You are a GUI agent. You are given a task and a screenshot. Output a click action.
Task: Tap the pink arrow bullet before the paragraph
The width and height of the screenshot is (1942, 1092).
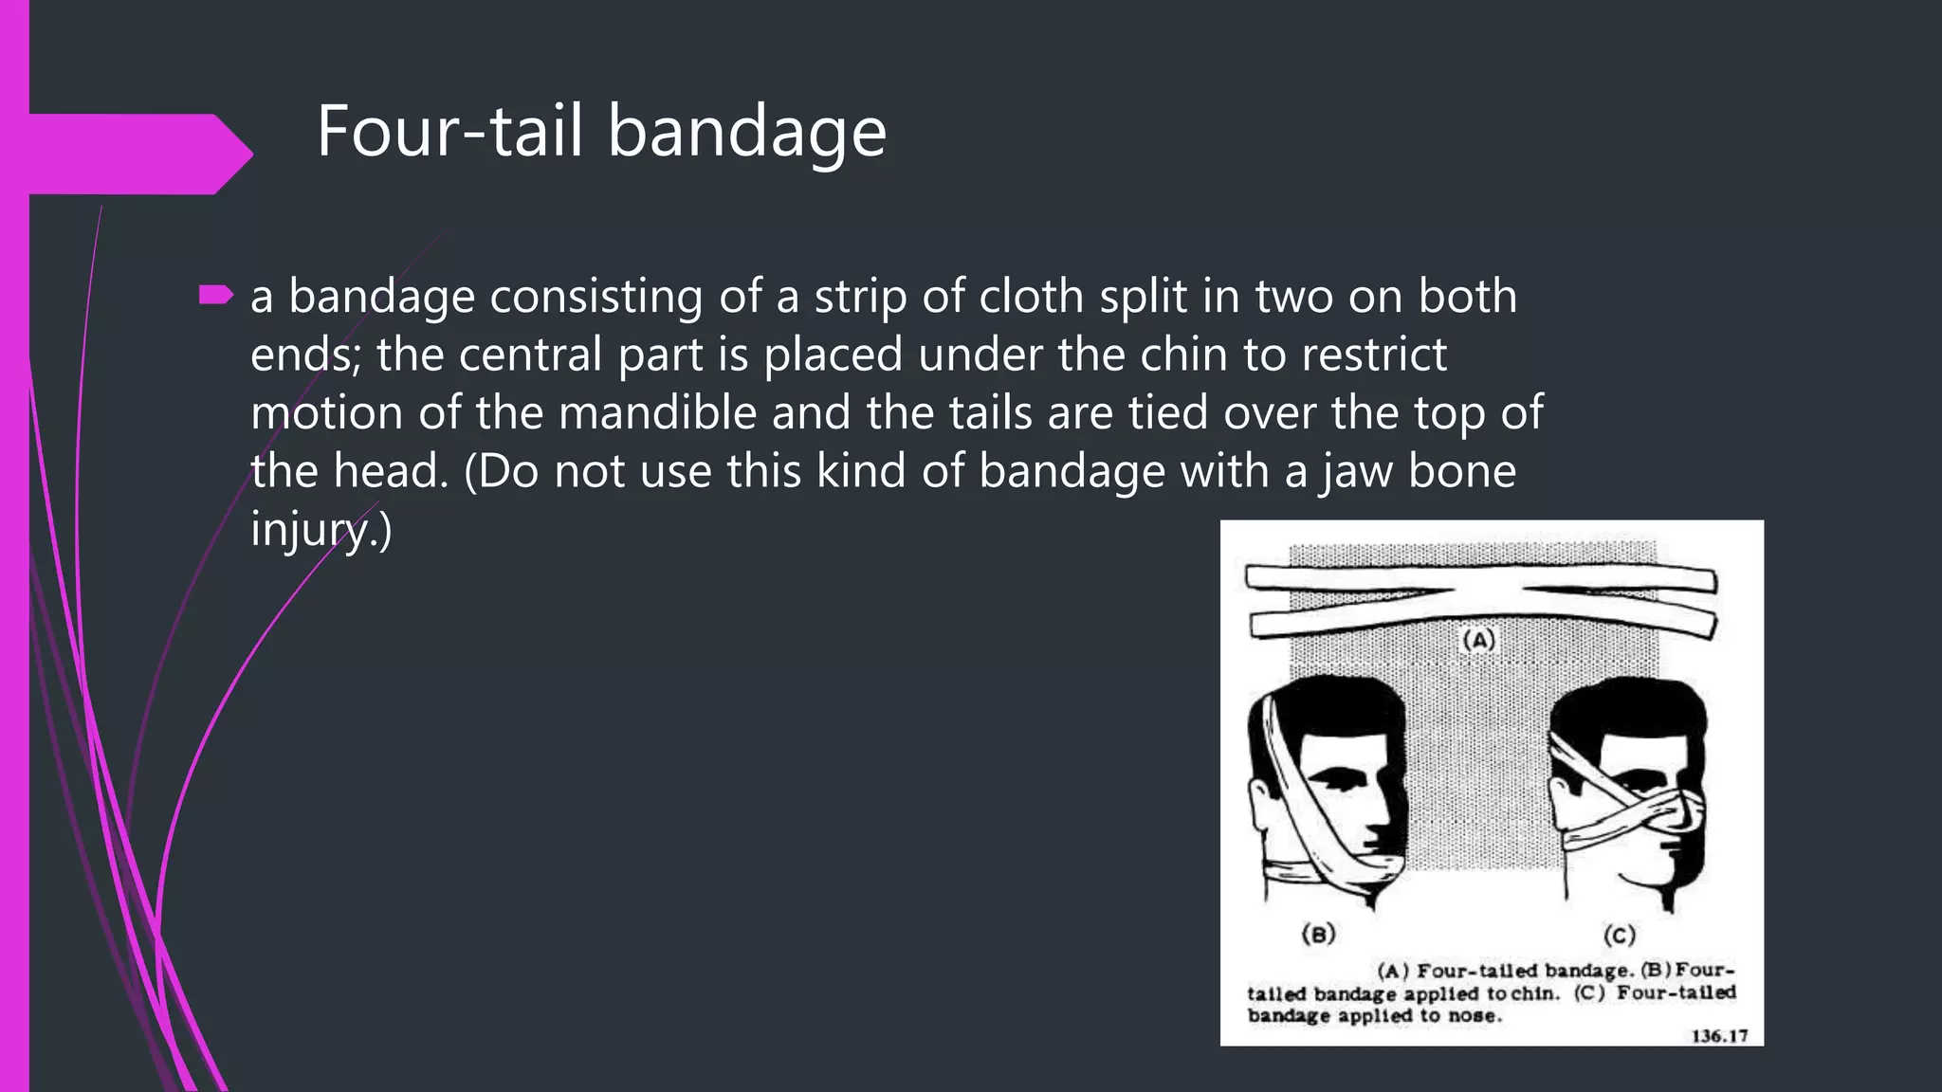click(x=216, y=297)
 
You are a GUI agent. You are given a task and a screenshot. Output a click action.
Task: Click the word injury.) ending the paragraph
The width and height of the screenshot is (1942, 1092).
click(x=321, y=529)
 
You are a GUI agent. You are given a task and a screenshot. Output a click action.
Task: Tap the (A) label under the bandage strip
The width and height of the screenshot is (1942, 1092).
click(x=1478, y=640)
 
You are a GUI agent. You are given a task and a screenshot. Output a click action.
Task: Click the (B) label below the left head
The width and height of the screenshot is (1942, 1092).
click(x=1318, y=934)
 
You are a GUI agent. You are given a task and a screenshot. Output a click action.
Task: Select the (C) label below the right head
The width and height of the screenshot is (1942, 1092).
click(x=1619, y=936)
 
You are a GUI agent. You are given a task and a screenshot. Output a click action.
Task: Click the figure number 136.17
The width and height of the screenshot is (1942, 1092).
click(x=1719, y=1035)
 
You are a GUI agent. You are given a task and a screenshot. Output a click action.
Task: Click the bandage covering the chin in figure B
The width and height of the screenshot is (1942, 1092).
click(x=1365, y=871)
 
